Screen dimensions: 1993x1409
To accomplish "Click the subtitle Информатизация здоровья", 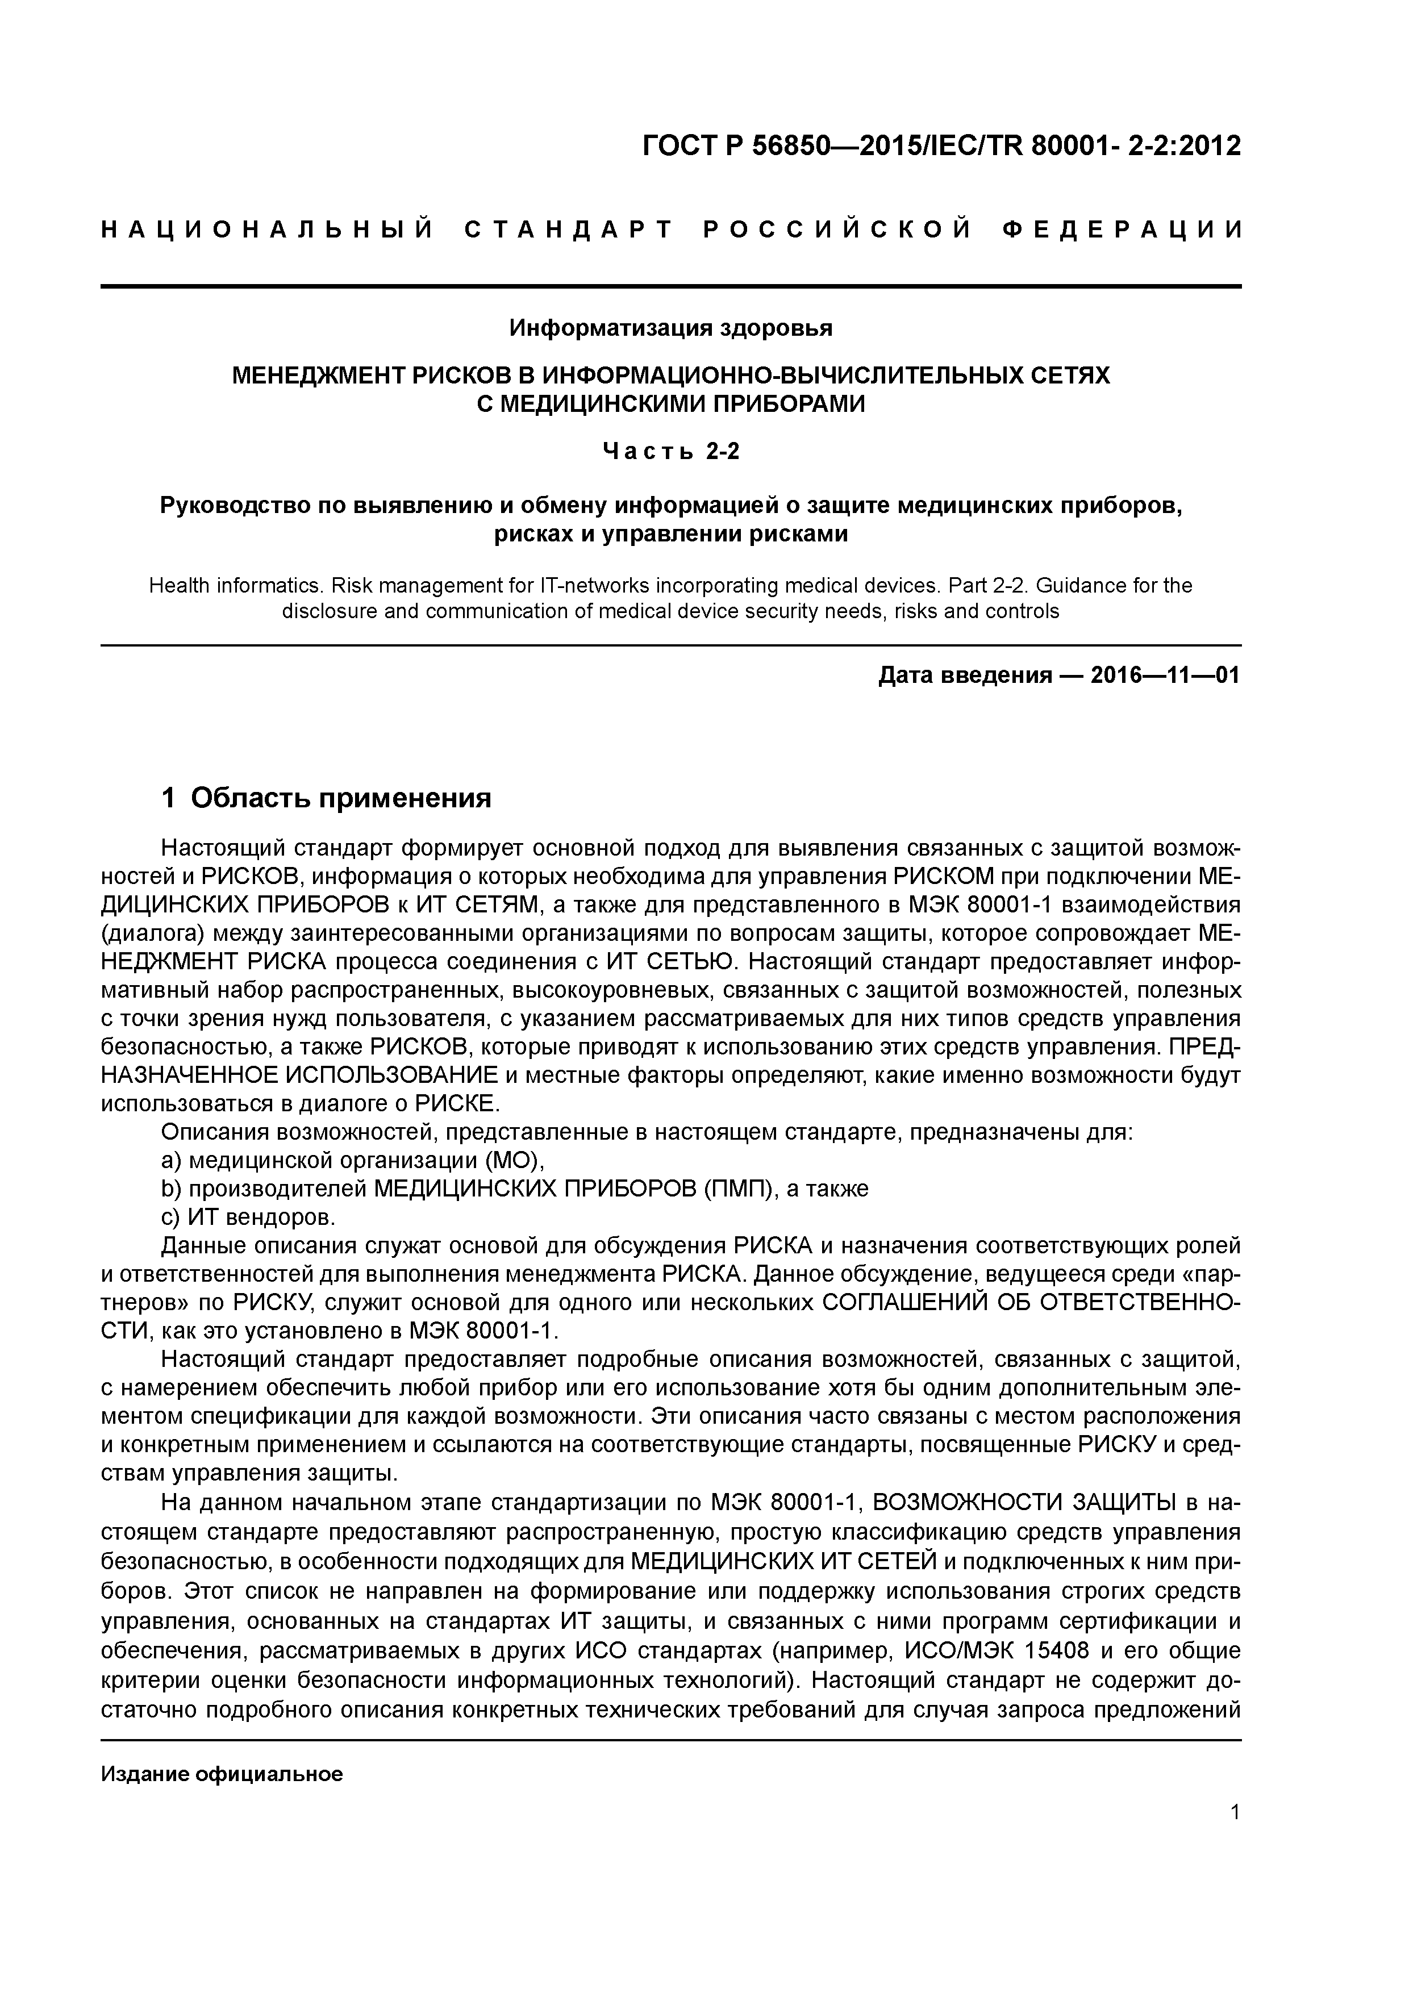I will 670,328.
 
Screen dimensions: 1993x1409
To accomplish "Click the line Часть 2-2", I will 671,451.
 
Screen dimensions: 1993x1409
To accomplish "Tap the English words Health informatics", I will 234,586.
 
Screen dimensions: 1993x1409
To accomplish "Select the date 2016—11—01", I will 1165,676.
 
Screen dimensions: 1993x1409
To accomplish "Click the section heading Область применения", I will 340,797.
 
